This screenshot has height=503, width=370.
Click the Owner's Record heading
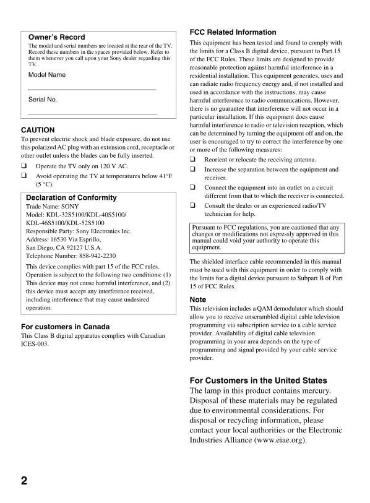[56, 37]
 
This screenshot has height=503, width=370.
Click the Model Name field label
[46, 75]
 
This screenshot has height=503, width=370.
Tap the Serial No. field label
[43, 100]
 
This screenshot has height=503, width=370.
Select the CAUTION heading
[38, 131]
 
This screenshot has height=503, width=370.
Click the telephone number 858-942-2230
[92, 256]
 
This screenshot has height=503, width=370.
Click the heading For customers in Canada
[65, 327]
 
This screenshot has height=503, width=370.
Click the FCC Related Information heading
[233, 32]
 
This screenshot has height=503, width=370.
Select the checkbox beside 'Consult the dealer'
[193, 205]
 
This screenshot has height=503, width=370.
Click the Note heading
[198, 299]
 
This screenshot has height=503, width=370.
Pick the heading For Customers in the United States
[258, 380]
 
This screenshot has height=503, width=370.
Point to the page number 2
[24, 481]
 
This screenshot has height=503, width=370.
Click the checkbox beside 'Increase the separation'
[193, 169]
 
